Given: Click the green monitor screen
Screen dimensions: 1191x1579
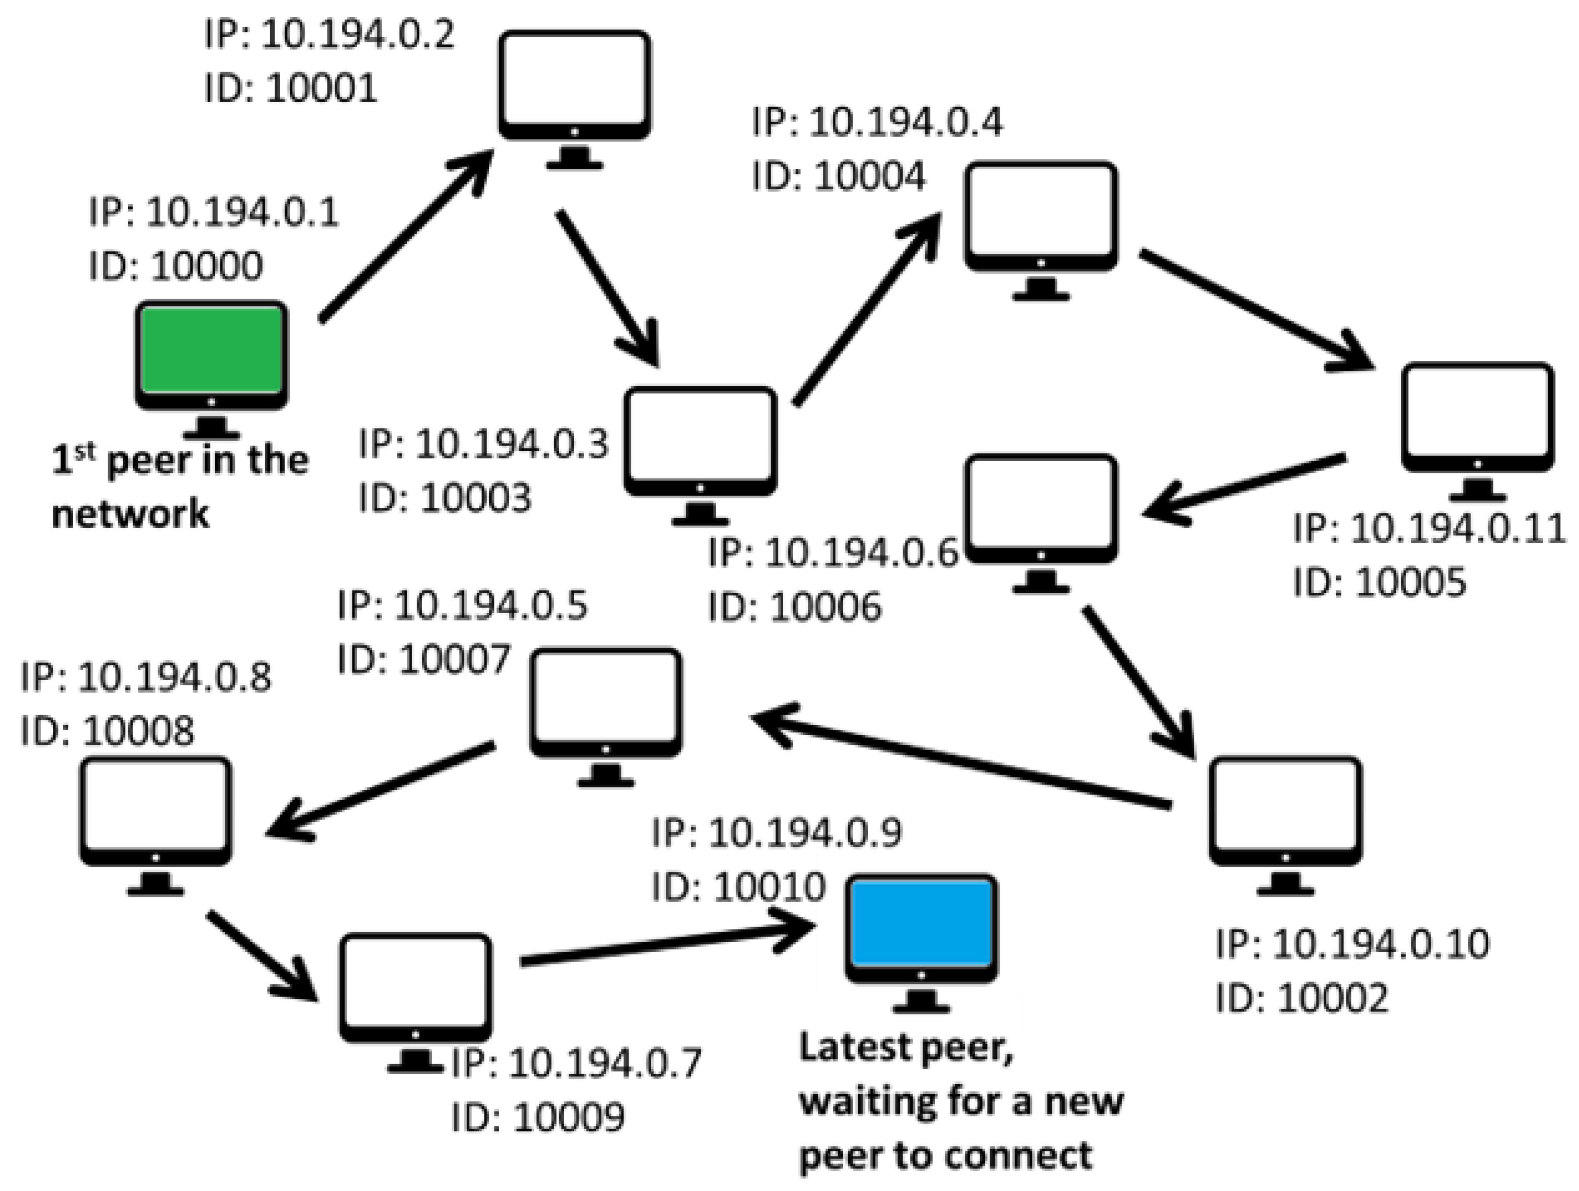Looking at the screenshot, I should [211, 350].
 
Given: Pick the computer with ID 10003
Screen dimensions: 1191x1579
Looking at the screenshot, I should [700, 440].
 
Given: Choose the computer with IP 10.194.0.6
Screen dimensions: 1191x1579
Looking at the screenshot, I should [1041, 508].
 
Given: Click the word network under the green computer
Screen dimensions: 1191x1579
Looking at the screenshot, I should [131, 513].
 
